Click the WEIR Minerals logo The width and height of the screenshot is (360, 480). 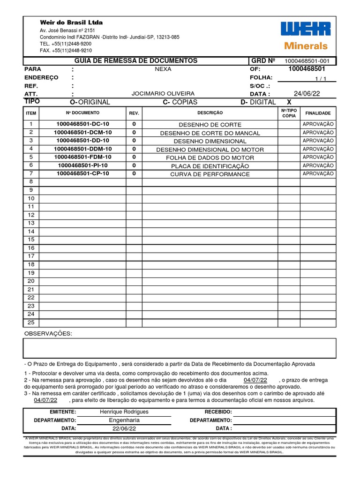[x=305, y=36]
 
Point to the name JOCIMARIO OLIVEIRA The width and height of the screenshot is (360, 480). [x=163, y=94]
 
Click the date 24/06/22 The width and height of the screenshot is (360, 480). [x=307, y=94]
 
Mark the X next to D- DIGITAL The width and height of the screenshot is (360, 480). [x=289, y=102]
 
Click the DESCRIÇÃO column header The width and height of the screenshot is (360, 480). [x=210, y=113]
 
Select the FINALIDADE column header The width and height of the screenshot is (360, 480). [x=318, y=113]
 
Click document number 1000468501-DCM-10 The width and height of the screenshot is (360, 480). [x=82, y=133]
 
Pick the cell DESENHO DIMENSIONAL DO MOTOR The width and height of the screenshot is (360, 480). [x=210, y=150]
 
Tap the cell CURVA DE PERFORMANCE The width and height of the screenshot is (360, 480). [x=210, y=174]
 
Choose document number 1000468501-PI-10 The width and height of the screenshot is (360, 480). [x=82, y=165]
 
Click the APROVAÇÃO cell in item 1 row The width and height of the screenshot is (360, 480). [x=318, y=124]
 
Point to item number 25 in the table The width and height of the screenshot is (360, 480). [x=31, y=322]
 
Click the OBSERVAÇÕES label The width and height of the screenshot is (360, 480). [x=48, y=333]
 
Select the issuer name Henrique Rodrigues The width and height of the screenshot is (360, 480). [x=124, y=412]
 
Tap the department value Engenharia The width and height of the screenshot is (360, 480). [x=124, y=420]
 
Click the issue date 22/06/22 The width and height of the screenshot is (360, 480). [x=124, y=428]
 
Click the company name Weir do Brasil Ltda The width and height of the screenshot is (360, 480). [x=71, y=22]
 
